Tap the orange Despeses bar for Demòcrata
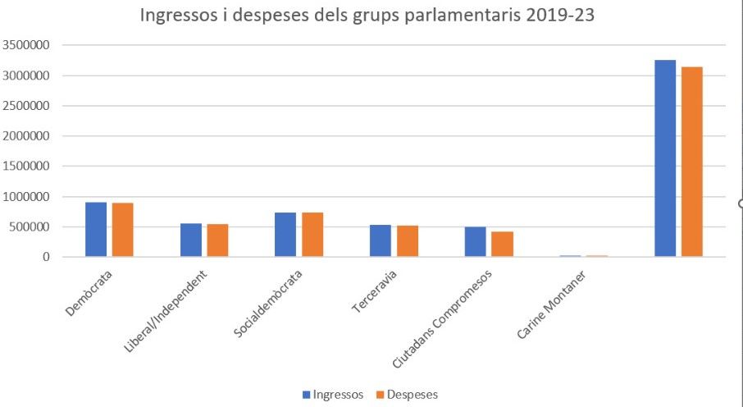pos(123,230)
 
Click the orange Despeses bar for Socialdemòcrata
pos(312,235)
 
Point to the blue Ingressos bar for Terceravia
pos(381,241)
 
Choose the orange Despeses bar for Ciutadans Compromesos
pos(502,245)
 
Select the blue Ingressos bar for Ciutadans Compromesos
pos(476,242)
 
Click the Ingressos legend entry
pos(333,395)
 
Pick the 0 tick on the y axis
pos(47,257)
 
